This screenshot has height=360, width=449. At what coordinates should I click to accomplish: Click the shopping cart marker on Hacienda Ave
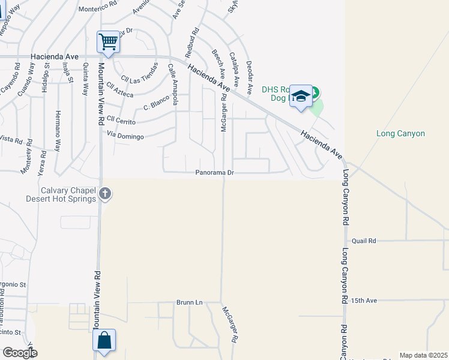coord(108,42)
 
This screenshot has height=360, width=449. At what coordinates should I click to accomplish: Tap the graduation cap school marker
coord(301,96)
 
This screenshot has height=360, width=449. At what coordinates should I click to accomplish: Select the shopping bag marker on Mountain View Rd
coord(104,340)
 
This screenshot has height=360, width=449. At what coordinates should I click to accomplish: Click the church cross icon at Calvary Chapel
coord(105,193)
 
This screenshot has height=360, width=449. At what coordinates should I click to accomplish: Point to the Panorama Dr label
coord(214,173)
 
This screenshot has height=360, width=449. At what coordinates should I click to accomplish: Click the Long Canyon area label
coord(400,134)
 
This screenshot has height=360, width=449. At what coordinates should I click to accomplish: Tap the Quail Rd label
coord(364,241)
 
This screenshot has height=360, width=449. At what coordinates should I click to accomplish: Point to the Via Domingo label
coord(125,137)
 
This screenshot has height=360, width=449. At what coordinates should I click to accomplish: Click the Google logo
coord(20,353)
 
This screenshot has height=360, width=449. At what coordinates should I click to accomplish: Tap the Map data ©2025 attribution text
coord(423,355)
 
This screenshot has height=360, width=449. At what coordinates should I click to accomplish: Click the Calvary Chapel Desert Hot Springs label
coord(60,194)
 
